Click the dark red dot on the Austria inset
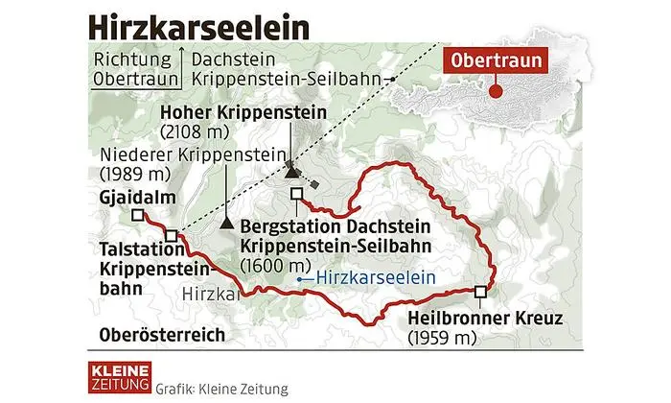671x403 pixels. click(496, 92)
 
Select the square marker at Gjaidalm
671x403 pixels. click(138, 216)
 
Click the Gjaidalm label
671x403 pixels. click(128, 200)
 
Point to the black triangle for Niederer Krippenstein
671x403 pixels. click(226, 223)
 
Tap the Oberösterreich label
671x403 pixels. click(162, 335)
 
